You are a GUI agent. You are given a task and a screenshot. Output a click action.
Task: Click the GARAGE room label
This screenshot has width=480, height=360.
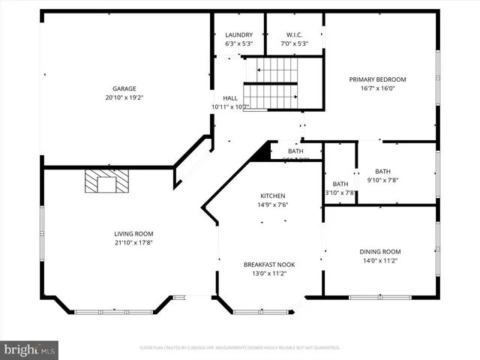point(124,88)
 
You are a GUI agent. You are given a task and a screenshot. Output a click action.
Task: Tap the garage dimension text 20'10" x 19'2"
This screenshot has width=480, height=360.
point(124,97)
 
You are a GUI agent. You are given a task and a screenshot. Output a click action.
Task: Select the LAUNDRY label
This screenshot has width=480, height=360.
point(239,34)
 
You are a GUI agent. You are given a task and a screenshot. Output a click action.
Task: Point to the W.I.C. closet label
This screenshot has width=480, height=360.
point(295,34)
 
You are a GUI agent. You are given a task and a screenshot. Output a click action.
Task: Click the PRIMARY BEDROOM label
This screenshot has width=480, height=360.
point(377,79)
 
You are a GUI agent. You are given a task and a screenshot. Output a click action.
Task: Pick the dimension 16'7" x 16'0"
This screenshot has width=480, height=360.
point(377,88)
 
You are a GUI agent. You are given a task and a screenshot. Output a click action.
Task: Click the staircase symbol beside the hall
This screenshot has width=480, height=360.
point(271,84)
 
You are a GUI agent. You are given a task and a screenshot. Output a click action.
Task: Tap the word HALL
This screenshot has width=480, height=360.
point(229,98)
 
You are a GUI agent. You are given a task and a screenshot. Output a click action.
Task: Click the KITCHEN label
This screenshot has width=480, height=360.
point(273,196)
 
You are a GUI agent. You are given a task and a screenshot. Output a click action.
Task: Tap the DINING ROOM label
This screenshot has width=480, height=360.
point(381,252)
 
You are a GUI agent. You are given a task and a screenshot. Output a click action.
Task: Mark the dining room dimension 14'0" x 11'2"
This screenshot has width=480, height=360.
point(381,261)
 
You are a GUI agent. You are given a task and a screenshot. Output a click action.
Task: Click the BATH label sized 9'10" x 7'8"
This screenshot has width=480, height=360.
point(383,171)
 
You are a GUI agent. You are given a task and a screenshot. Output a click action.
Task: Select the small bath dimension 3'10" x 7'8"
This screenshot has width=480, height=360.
point(340,193)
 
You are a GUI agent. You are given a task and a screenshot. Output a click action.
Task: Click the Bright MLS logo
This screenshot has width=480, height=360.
point(29,349)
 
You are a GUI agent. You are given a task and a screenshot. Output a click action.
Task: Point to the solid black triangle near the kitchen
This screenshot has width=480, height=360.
point(261,153)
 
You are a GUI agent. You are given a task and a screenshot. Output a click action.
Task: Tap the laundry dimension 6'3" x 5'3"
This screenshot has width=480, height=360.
point(239,43)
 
